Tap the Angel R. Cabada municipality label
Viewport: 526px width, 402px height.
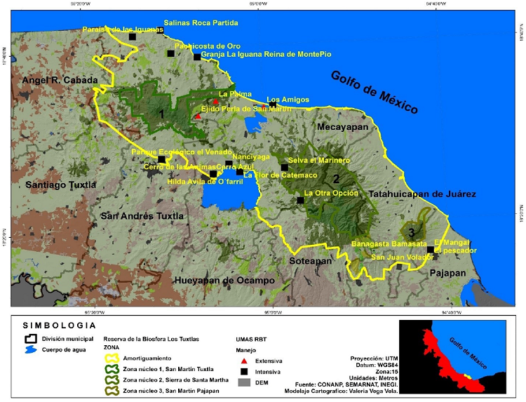coord(60,81)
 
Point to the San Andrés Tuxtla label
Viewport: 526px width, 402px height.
coord(142,215)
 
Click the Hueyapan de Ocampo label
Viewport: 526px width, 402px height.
coord(223,280)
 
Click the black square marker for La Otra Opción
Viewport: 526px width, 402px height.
coord(300,200)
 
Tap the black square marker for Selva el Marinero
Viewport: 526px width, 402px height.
coord(284,168)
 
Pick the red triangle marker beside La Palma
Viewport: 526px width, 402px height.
coord(216,102)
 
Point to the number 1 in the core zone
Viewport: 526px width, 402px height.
coord(162,113)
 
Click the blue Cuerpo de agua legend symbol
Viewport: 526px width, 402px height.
coord(29,351)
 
